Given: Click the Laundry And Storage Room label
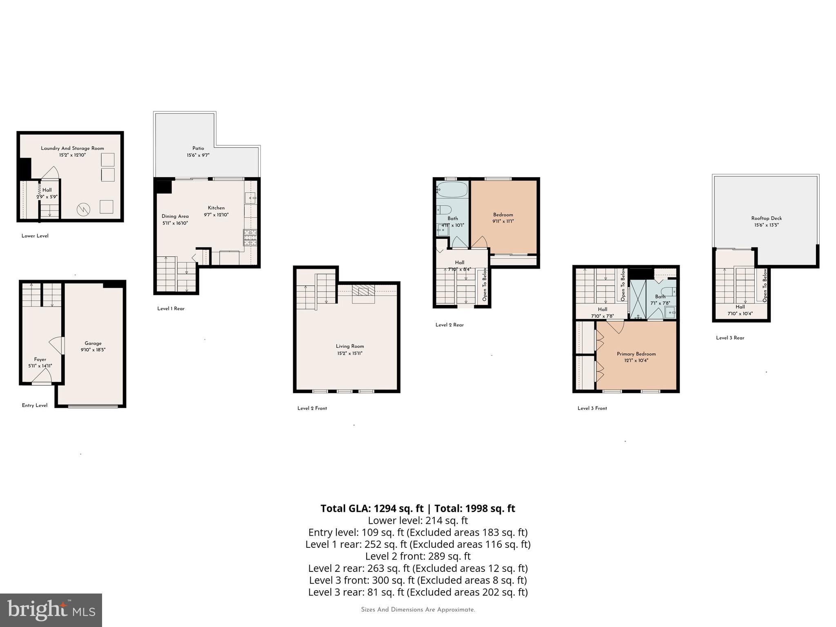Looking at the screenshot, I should [x=72, y=148].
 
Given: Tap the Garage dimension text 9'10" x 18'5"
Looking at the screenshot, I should [x=93, y=350].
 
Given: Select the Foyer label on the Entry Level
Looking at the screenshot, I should [x=40, y=360].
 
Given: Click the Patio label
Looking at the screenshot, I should [x=198, y=148].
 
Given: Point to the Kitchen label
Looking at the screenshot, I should [x=216, y=208].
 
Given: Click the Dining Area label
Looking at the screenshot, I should [x=175, y=216].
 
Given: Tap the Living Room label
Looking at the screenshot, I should [x=349, y=346].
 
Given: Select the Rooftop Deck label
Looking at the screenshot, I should [x=766, y=218].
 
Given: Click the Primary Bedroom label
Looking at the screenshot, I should [x=636, y=354].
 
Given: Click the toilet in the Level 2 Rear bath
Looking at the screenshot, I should [x=444, y=210].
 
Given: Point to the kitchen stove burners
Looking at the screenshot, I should [x=250, y=237].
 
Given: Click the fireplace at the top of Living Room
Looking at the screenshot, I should [x=363, y=291].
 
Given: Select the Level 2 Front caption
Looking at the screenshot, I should [x=312, y=408].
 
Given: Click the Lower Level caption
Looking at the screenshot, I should [x=35, y=236].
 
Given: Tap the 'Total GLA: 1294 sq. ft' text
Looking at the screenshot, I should [x=372, y=509].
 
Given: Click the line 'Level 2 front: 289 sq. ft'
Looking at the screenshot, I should [x=418, y=556].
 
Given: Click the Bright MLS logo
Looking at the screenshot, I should [x=51, y=610].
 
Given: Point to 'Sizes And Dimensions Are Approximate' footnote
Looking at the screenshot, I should [x=418, y=610].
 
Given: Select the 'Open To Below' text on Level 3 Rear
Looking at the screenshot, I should [x=765, y=285].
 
